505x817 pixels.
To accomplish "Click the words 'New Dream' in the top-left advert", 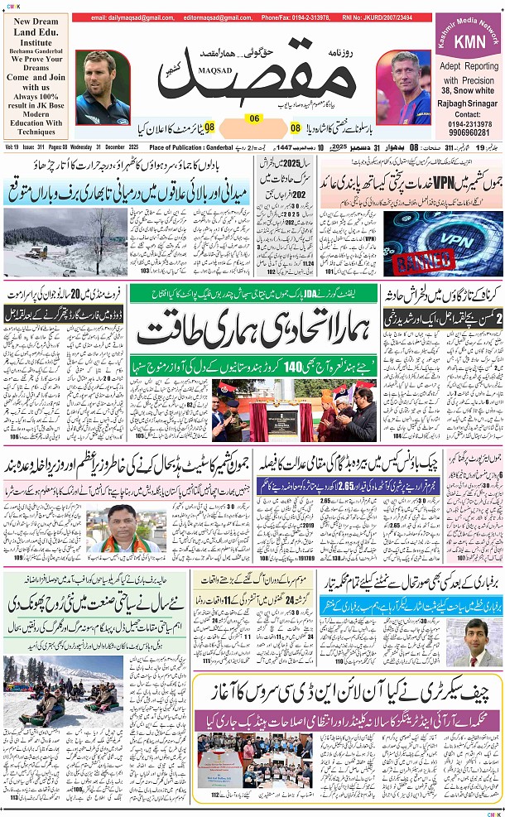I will (x=34, y=22).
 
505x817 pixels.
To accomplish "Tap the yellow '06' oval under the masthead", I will (x=255, y=118).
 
